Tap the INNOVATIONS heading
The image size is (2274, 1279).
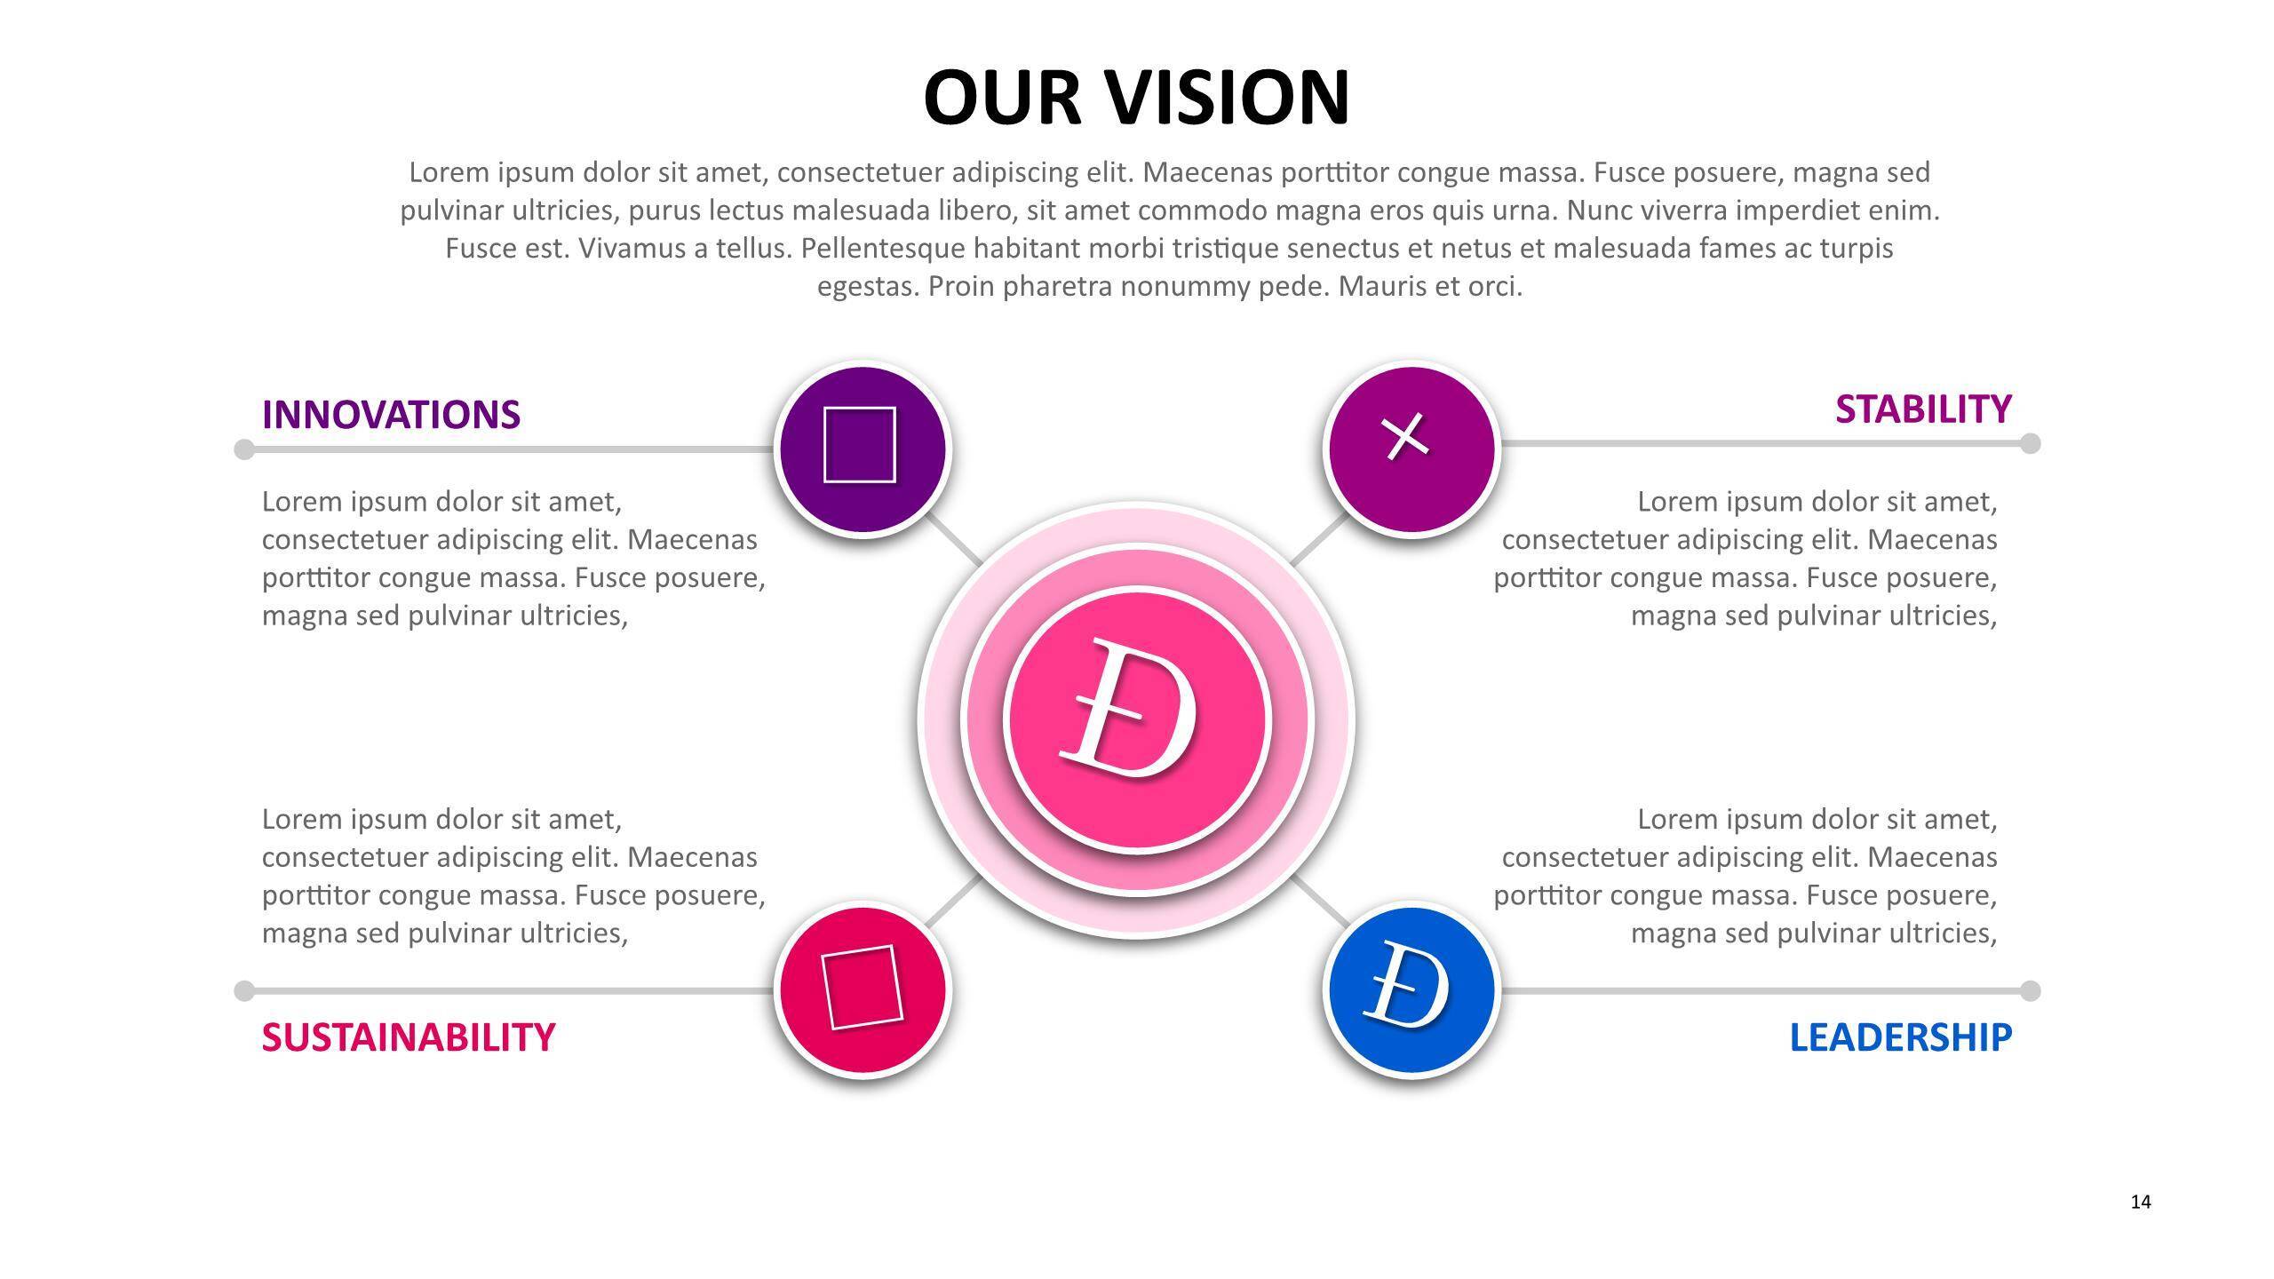(391, 415)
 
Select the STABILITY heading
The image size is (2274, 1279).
(1923, 409)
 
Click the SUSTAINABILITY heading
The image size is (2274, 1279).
(409, 1037)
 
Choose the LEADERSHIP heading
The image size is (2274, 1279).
(1900, 1037)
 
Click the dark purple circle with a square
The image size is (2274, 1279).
(862, 449)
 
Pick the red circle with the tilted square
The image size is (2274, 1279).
(862, 989)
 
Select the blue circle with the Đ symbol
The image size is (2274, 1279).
(1411, 989)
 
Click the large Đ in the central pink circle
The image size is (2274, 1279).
(1133, 711)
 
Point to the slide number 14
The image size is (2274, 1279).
(2141, 1202)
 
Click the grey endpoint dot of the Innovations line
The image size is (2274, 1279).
(244, 449)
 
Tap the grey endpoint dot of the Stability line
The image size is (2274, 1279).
(2030, 443)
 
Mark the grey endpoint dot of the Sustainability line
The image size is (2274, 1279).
(244, 990)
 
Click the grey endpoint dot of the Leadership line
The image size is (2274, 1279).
(2030, 990)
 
